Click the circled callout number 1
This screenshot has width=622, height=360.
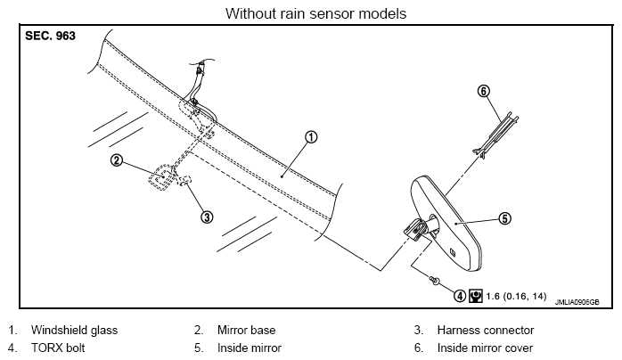click(311, 137)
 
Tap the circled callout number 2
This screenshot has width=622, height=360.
click(117, 160)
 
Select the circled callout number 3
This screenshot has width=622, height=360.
click(207, 217)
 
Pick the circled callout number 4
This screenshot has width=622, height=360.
click(459, 295)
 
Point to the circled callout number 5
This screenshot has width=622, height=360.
click(504, 218)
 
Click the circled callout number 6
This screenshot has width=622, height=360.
click(484, 91)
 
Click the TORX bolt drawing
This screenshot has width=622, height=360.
click(435, 281)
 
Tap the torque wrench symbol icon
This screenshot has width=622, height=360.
click(475, 296)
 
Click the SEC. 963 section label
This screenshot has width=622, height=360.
click(50, 36)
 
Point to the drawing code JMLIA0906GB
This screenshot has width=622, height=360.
click(577, 302)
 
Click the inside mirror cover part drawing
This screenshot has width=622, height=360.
click(495, 135)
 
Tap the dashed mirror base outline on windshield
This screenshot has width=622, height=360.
click(162, 177)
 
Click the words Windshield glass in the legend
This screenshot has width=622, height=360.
click(74, 330)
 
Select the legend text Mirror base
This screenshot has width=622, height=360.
click(246, 330)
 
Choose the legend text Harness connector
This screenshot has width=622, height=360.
click(485, 330)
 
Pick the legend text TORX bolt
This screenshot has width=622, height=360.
click(58, 348)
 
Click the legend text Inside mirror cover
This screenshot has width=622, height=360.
click(485, 348)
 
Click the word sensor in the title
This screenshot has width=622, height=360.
click(332, 13)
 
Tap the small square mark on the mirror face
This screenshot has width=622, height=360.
click(453, 251)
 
